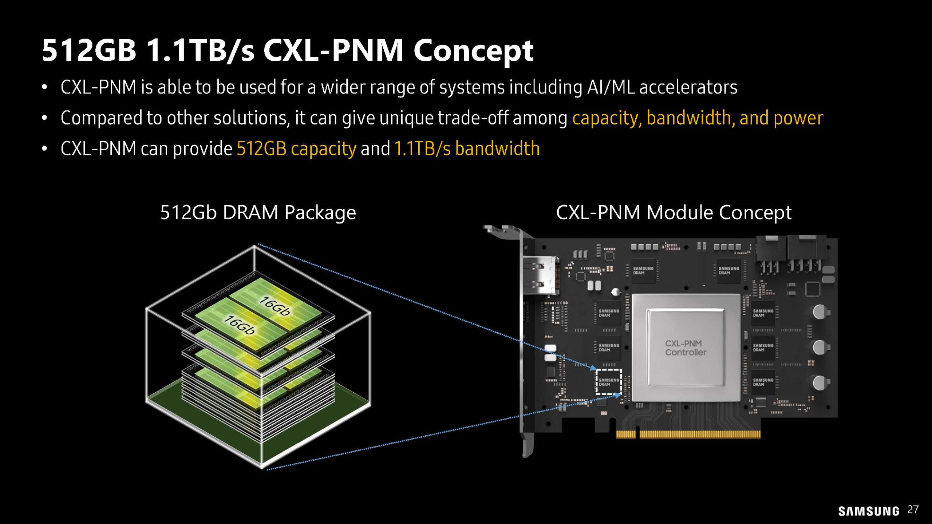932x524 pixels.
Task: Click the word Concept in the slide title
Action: coord(473,51)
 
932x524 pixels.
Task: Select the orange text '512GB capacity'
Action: coord(296,149)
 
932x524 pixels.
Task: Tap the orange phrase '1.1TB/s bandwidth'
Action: coord(467,149)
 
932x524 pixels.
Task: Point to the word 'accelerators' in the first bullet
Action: coord(688,87)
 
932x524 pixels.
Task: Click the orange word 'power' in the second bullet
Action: coord(798,118)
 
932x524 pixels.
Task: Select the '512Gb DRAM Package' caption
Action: coord(258,213)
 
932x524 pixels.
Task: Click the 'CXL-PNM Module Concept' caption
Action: coord(674,213)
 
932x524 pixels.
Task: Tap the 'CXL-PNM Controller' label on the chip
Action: coord(686,348)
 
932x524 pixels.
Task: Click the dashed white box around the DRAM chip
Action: coord(608,382)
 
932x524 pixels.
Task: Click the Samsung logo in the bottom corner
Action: coord(869,511)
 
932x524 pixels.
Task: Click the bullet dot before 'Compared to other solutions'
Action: coord(44,118)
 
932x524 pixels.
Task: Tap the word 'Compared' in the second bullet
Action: coord(101,118)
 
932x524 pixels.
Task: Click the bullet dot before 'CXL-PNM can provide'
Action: coord(44,149)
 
